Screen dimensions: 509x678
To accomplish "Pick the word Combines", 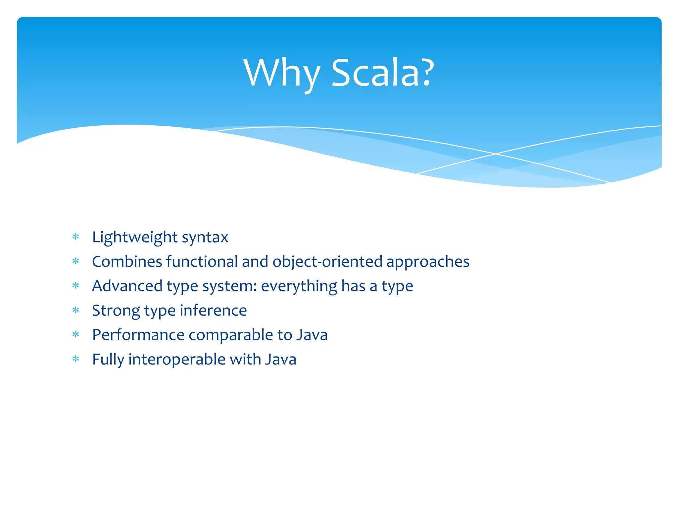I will pyautogui.click(x=127, y=261).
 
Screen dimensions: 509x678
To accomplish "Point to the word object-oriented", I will pyautogui.click(x=327, y=261).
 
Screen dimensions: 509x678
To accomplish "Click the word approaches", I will pyautogui.click(x=428, y=262).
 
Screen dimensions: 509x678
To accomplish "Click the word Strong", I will pyautogui.click(x=116, y=311).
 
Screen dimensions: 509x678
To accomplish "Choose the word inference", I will pyautogui.click(x=213, y=311).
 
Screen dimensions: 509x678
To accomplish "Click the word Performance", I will pyautogui.click(x=138, y=335).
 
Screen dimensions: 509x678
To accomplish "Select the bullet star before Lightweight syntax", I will pyautogui.click(x=76, y=237).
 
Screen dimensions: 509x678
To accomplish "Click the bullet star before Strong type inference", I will pyautogui.click(x=76, y=310).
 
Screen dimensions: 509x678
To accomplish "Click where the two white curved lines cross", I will pyautogui.click(x=496, y=154).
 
